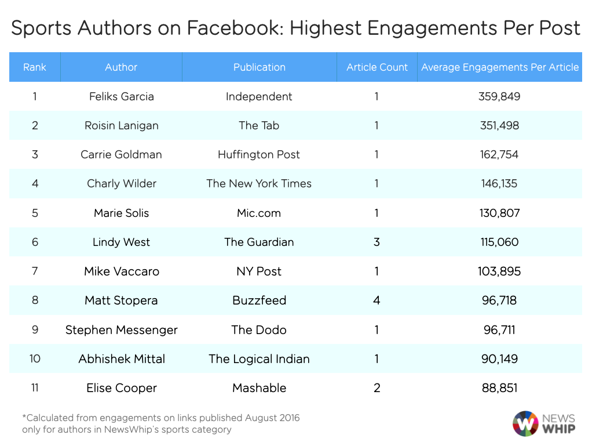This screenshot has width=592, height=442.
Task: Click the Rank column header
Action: click(35, 67)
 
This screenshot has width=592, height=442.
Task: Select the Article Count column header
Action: click(377, 67)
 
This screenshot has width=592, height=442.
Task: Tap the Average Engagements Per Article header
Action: click(500, 67)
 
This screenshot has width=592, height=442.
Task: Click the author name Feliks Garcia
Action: click(122, 96)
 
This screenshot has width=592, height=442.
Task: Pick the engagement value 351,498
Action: click(500, 125)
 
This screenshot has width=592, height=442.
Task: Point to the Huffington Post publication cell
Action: click(259, 154)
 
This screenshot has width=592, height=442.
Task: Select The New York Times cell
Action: click(259, 183)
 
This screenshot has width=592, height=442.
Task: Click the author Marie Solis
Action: click(122, 213)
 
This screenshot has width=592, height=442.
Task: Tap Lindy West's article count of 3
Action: click(377, 242)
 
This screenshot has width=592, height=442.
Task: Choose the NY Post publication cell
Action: click(259, 271)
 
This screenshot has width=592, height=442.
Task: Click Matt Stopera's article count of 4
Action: click(377, 300)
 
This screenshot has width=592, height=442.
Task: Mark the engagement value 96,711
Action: click(500, 329)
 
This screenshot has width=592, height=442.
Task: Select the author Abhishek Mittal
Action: click(122, 358)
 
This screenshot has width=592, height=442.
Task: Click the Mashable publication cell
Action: click(259, 388)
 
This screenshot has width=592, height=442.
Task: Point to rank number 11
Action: click(35, 388)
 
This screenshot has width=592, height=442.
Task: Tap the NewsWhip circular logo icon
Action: click(525, 423)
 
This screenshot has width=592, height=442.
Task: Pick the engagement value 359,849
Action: click(500, 96)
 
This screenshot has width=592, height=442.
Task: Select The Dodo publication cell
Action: click(259, 329)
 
